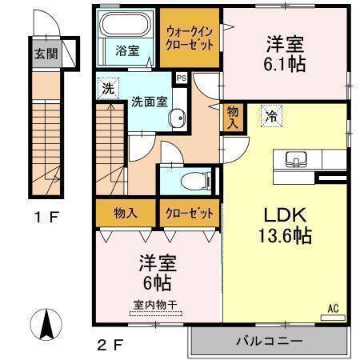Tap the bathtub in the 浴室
click(126, 29)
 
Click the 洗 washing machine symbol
click(107, 88)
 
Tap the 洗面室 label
click(148, 102)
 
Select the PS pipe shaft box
click(181, 78)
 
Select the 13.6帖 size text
click(284, 237)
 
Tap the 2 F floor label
click(112, 345)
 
